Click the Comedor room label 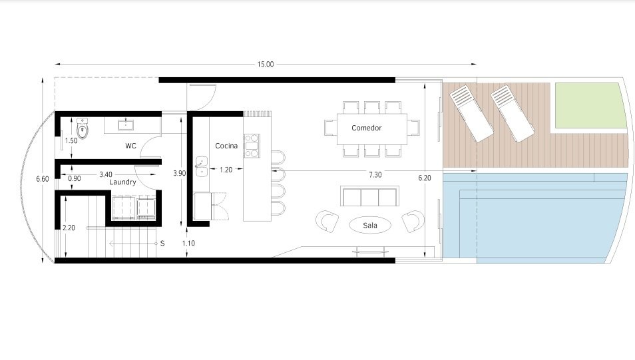[367, 128]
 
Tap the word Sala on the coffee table [370, 226]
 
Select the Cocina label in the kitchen [226, 146]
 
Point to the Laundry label [122, 182]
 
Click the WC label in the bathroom [130, 146]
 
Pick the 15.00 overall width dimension [266, 64]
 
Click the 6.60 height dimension [43, 178]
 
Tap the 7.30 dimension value [375, 175]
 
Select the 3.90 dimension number [180, 173]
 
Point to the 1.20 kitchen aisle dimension [226, 170]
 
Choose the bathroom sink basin [126, 124]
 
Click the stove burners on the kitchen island [252, 146]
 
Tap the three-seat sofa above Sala [369, 196]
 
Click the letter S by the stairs [162, 244]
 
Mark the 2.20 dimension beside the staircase [69, 228]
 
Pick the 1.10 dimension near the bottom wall [188, 244]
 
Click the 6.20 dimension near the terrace [425, 178]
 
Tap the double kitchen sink [201, 167]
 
